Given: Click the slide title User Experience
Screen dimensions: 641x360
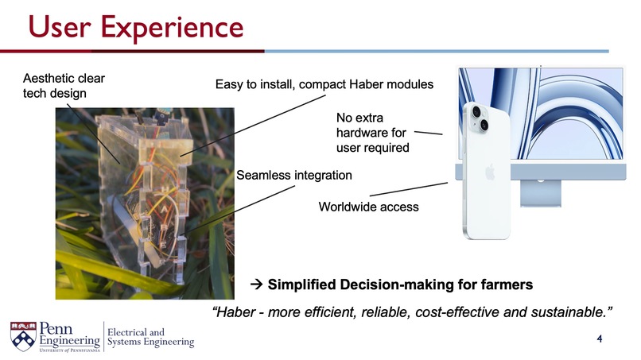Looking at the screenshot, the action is tap(136, 27).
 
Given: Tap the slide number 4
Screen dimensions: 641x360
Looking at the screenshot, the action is tap(600, 339).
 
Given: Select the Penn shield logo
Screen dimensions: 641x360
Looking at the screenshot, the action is tap(23, 336).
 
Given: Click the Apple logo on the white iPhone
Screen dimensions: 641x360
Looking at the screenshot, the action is tap(490, 172).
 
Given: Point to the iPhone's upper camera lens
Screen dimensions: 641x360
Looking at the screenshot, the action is tap(476, 111).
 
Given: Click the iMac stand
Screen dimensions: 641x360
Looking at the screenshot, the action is tap(541, 193).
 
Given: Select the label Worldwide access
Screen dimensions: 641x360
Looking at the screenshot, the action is tap(368, 207).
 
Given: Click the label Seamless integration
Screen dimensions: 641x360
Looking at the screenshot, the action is tap(294, 176).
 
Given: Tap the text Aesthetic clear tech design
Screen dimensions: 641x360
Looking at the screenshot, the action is tap(64, 86).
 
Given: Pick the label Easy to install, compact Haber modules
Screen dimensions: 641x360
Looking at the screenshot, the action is tap(324, 84).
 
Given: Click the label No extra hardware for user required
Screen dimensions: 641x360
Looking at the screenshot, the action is tap(372, 133).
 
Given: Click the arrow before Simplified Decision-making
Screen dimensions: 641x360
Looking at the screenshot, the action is tap(256, 284).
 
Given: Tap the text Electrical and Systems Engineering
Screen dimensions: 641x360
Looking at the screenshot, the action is tap(150, 337).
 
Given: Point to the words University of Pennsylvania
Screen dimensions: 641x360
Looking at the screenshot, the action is tap(69, 350).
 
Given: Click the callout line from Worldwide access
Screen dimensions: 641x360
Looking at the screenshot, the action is tap(409, 189).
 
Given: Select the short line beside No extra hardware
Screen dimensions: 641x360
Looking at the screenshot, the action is tap(429, 133).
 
